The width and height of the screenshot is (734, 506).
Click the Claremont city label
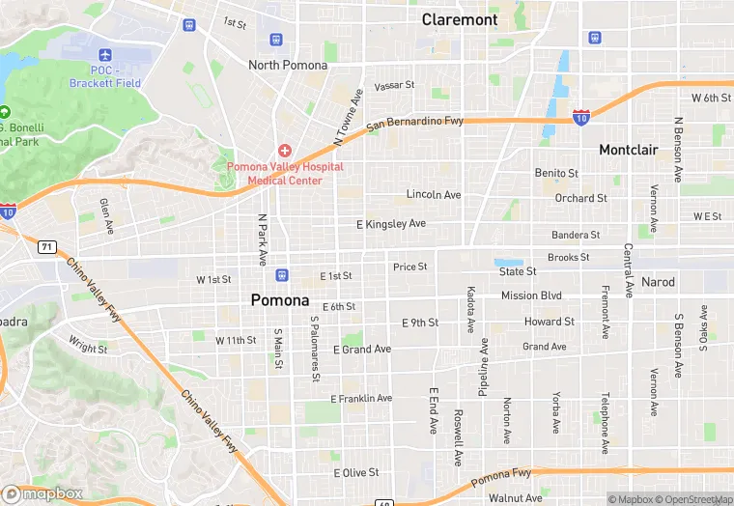(x=460, y=19)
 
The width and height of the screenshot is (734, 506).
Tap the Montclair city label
(x=628, y=150)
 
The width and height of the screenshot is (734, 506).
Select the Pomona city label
(x=279, y=299)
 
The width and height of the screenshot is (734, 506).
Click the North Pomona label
(x=288, y=65)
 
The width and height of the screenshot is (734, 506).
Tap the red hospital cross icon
(x=284, y=150)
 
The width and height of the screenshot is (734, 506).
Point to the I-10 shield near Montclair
(x=580, y=117)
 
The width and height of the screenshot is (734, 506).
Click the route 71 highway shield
(x=46, y=247)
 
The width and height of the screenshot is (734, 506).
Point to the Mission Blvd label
(x=531, y=295)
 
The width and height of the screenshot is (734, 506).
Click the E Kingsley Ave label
(x=390, y=223)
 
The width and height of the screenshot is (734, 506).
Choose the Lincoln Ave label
(x=434, y=194)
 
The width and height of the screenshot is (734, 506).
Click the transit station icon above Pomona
(x=280, y=274)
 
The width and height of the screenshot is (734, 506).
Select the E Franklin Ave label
(x=361, y=398)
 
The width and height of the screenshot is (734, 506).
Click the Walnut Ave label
(x=515, y=498)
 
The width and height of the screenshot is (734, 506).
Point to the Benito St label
(x=556, y=173)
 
